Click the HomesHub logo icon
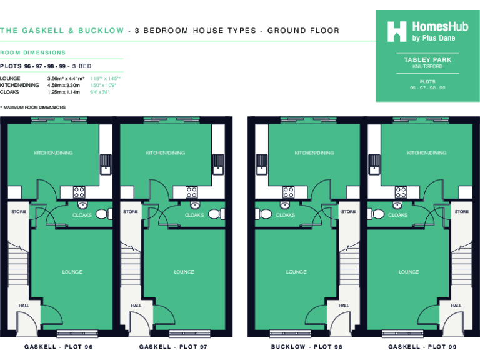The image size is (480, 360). tap(397, 31)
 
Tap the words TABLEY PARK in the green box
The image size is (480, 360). tap(427, 59)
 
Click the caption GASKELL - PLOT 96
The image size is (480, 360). tap(59, 346)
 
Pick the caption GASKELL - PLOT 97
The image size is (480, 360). tap(173, 346)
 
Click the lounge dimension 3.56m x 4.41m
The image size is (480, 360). tap(66, 79)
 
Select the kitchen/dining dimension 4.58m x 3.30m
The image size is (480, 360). tap(64, 85)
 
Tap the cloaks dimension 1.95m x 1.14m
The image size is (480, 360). tap(64, 92)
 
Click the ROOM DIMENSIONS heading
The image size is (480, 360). tap(32, 52)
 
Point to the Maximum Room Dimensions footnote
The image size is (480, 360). tap(34, 107)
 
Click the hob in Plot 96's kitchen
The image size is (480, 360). tap(79, 192)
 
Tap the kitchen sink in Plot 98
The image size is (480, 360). tap(262, 164)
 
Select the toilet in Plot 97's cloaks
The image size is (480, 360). tap(214, 214)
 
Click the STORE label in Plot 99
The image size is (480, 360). tap(461, 212)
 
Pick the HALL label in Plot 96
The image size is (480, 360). tap(24, 306)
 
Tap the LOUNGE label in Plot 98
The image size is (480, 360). tap(296, 272)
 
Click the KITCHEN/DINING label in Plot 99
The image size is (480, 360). tap(426, 153)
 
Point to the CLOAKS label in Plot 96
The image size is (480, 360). tap(82, 216)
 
